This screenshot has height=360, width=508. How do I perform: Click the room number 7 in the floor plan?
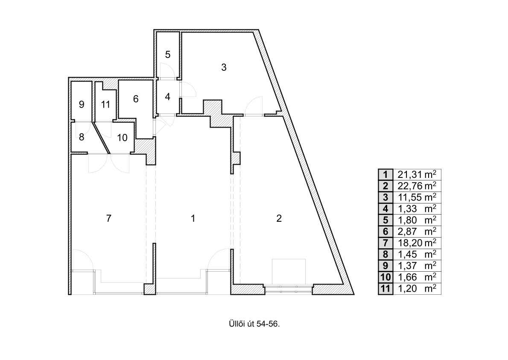109,218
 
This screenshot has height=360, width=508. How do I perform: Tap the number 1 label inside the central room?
193,218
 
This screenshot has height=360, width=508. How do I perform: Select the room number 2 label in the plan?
279,218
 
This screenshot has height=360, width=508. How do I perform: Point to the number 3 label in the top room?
224,67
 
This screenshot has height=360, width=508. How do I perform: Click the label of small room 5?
167,55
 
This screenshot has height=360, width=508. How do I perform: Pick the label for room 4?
167,96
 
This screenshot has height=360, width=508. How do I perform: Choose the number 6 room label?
136,99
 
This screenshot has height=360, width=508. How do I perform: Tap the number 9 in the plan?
81,104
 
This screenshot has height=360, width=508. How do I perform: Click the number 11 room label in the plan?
105,104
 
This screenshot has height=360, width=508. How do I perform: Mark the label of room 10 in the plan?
122,138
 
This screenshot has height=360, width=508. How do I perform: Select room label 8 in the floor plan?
81,137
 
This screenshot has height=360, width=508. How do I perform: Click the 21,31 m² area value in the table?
417,174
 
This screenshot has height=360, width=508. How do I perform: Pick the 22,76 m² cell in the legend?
417,186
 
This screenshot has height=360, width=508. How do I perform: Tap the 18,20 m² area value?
417,243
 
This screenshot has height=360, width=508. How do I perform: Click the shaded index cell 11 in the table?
385,288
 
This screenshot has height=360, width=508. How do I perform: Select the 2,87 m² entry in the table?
417,232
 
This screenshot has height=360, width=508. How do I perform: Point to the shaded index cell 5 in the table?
385,220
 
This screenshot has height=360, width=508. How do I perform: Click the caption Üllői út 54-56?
254,324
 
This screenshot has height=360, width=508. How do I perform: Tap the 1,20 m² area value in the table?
417,288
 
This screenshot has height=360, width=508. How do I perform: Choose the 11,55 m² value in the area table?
417,197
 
